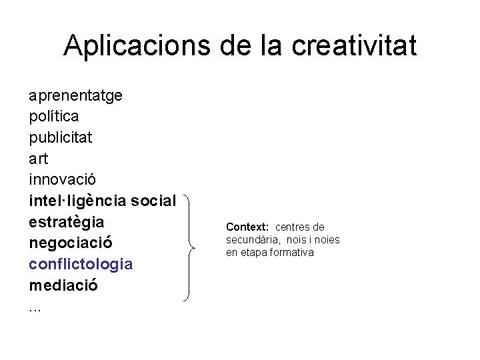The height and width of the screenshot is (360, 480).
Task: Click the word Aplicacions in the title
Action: click(x=137, y=46)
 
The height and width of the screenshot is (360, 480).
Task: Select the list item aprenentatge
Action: click(x=75, y=95)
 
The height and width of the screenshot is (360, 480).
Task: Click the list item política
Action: click(x=54, y=116)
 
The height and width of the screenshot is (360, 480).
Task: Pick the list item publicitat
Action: click(x=61, y=137)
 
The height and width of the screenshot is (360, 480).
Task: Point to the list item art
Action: click(x=39, y=159)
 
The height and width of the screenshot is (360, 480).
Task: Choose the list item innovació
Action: click(x=63, y=179)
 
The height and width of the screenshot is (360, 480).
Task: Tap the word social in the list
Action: click(x=154, y=200)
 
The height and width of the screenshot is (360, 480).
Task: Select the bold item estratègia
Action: click(x=67, y=221)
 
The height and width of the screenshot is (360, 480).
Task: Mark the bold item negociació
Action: click(x=71, y=243)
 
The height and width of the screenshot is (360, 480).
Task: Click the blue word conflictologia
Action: click(x=81, y=264)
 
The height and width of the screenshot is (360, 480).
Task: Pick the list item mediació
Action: click(x=63, y=285)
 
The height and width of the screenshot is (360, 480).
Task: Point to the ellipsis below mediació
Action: click(x=35, y=309)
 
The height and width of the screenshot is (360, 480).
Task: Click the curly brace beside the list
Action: click(x=191, y=249)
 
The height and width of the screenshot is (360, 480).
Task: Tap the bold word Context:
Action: click(x=247, y=227)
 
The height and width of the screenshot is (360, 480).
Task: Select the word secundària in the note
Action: click(x=249, y=240)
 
